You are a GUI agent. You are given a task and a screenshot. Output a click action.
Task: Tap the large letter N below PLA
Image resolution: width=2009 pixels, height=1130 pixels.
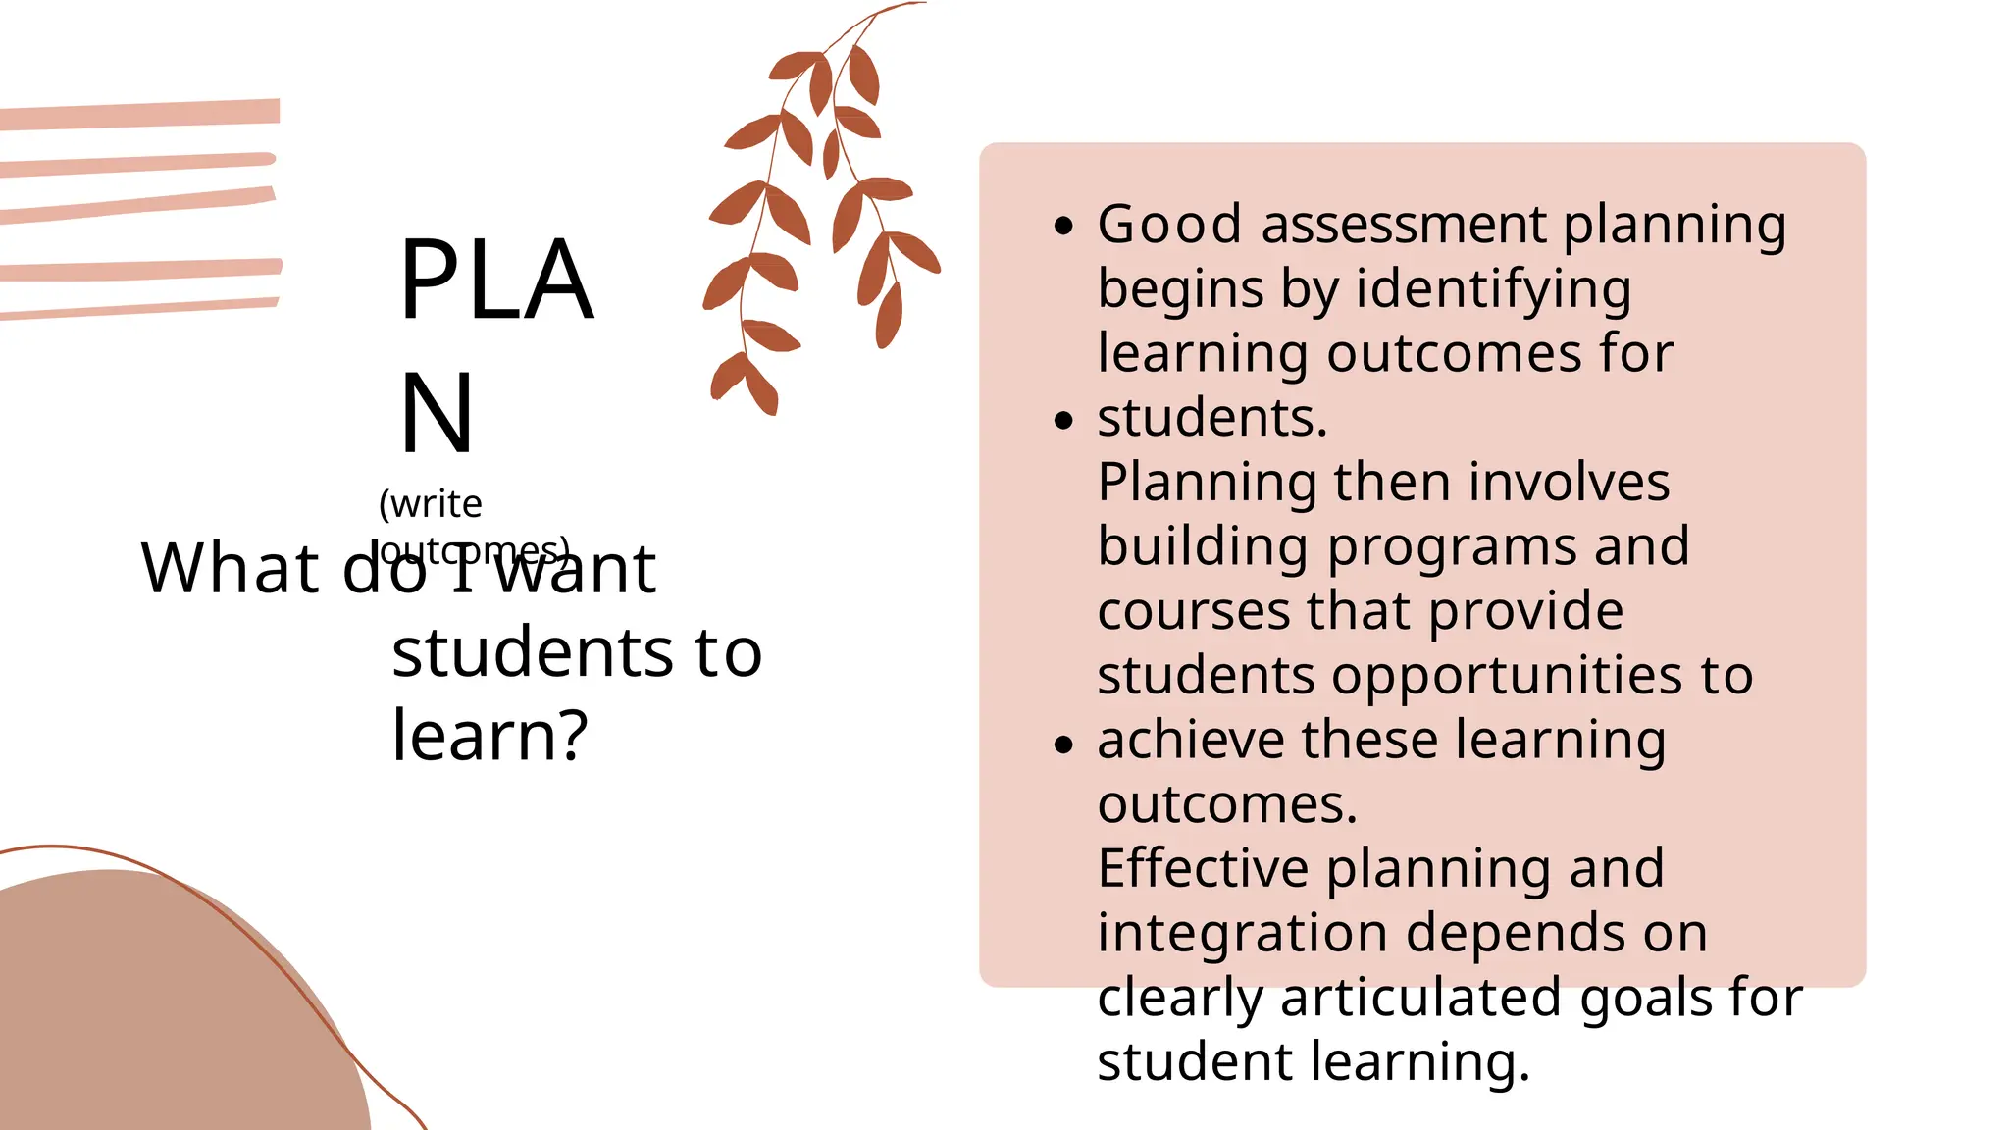(438, 414)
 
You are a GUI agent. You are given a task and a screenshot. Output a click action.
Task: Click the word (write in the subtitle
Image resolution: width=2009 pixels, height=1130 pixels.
(431, 503)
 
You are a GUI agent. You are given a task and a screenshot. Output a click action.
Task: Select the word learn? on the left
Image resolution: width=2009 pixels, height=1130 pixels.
(489, 735)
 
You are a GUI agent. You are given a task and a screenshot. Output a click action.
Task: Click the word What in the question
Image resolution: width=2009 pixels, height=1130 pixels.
(230, 568)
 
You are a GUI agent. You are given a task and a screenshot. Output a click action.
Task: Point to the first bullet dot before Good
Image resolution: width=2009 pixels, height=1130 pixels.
(1064, 227)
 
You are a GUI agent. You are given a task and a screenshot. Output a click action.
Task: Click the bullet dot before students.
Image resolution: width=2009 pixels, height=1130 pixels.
(1064, 421)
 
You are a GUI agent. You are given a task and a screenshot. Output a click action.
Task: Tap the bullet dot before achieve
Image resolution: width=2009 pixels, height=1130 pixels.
(1064, 744)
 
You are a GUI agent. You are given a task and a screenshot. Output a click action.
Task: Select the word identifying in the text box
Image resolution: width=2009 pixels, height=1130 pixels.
(1493, 290)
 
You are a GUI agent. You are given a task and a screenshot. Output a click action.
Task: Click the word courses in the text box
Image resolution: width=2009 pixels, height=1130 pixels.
(1192, 611)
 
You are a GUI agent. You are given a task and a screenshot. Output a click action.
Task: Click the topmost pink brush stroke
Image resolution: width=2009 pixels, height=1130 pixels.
(140, 115)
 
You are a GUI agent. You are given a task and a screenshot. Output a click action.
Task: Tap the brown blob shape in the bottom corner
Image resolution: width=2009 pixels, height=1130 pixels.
(147, 1010)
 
